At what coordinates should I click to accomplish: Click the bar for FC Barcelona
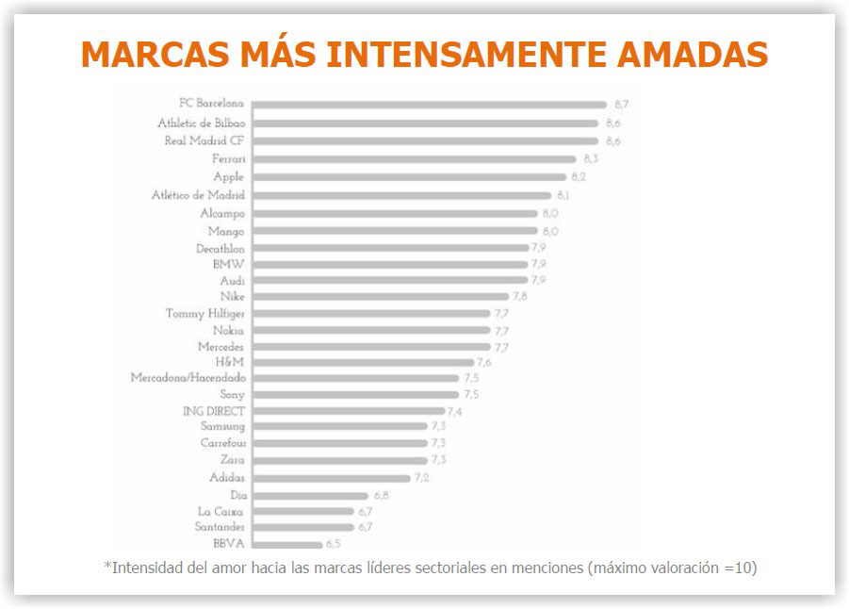point(430,105)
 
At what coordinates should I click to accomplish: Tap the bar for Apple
point(410,177)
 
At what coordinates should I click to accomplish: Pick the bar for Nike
point(381,297)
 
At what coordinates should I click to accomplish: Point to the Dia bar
point(310,495)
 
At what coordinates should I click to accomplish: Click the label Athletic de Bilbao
point(202,123)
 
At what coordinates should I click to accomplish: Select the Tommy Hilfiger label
point(204,313)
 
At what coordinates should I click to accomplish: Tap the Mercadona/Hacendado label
point(188,377)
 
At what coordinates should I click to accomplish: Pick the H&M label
point(230,361)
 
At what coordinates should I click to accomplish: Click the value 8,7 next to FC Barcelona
point(622,105)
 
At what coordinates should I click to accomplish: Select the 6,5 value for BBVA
point(334,544)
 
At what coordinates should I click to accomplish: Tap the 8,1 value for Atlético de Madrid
point(563,195)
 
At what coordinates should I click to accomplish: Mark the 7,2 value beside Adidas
point(422,478)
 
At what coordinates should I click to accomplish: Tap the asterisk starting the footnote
point(107,566)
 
